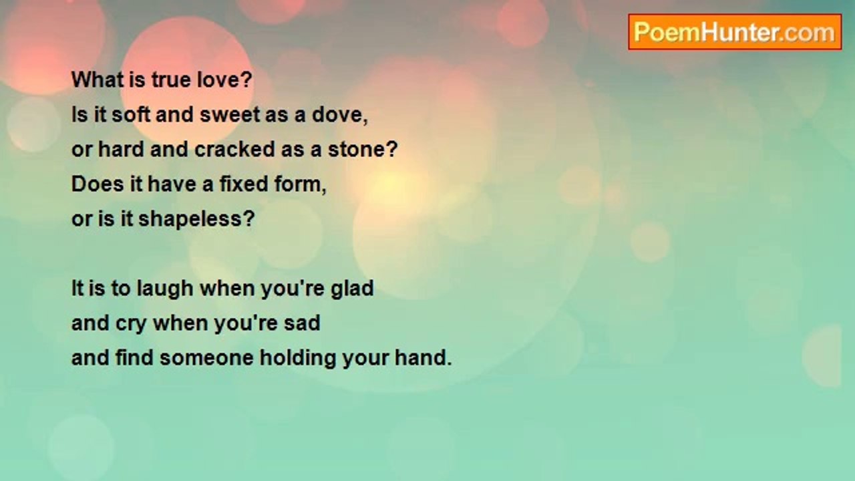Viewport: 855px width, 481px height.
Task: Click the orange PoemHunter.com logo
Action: coord(735,32)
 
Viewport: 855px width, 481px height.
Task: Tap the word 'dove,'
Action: coord(340,115)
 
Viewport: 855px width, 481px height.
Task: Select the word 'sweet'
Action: coord(230,115)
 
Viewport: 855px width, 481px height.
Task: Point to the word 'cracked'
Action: coord(234,149)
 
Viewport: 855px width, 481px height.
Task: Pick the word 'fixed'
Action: coord(244,184)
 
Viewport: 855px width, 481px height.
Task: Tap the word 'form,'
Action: coord(301,184)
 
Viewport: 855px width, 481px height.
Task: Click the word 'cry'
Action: coord(131,324)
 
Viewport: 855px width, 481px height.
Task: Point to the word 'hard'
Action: coord(121,149)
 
